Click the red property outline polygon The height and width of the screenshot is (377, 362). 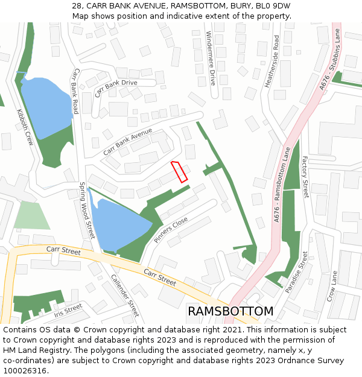[x=179, y=171]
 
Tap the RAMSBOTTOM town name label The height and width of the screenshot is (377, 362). [x=230, y=311]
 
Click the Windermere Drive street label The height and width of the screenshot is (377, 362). [x=211, y=58]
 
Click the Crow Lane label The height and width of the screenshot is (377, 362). [x=331, y=286]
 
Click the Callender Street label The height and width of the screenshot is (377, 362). [x=125, y=296]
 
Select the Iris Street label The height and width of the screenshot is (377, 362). [x=68, y=310]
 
